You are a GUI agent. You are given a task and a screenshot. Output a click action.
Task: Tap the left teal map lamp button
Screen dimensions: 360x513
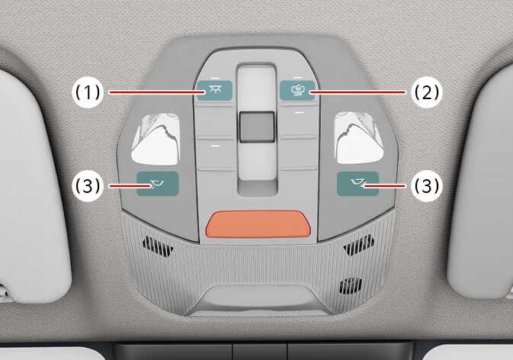(x=157, y=185)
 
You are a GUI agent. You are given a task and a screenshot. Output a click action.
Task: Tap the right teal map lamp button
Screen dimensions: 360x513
(x=357, y=185)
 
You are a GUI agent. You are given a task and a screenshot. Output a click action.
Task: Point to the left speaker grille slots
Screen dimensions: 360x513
(x=158, y=246)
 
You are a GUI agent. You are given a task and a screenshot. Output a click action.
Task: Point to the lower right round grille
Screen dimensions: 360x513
(x=350, y=285)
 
